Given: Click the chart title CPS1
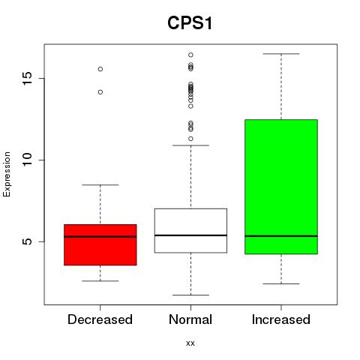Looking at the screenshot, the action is click(190, 23).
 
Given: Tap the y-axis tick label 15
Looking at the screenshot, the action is click(27, 78).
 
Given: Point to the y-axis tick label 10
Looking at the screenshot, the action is click(27, 160).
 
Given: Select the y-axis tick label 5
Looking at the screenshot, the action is click(27, 241).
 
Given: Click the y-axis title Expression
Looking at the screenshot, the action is click(7, 174).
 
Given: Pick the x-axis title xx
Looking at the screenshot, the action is click(190, 343).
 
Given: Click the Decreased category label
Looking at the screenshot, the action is click(100, 319).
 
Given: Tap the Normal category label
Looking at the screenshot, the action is click(190, 319).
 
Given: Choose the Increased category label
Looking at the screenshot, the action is click(281, 319).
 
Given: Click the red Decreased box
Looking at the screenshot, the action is click(100, 244).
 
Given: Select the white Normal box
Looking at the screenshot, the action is click(190, 230).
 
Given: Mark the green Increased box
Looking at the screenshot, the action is click(281, 187).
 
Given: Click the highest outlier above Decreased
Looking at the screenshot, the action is click(100, 69).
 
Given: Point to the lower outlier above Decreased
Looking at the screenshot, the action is click(100, 92).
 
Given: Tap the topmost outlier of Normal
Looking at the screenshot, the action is click(190, 55).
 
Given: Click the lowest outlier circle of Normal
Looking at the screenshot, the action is click(190, 139).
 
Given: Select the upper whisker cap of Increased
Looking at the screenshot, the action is click(281, 54).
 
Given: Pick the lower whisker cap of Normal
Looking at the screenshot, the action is click(190, 295).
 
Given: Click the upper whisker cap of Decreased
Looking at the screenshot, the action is click(100, 184).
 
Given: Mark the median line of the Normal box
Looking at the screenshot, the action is click(190, 235).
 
